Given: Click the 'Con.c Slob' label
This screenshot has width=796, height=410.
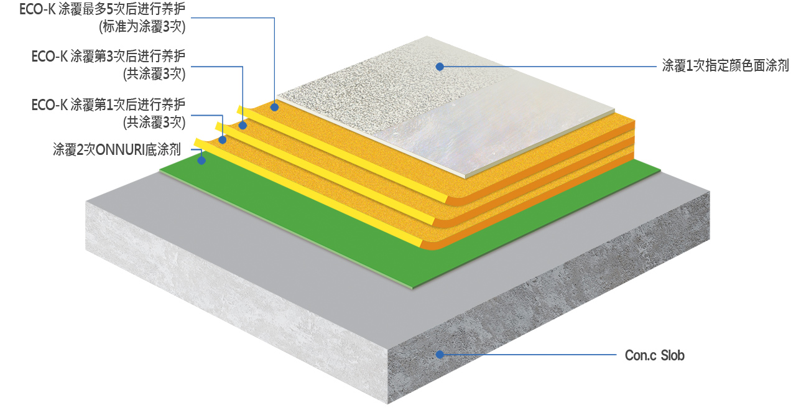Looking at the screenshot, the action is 655,355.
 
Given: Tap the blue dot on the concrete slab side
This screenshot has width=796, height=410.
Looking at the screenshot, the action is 440,355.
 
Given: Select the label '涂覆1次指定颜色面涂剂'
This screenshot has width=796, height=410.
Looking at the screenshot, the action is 725,66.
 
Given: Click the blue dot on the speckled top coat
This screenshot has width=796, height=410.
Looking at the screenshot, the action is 440,67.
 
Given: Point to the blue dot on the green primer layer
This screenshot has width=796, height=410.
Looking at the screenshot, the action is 201,161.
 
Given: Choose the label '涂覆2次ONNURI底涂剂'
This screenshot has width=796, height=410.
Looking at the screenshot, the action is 117,150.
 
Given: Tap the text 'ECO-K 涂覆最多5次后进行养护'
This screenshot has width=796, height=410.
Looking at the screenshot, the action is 103,9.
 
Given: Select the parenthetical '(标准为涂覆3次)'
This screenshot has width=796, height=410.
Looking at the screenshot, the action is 142,27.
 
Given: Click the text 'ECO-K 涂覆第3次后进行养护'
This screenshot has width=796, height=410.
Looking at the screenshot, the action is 108,56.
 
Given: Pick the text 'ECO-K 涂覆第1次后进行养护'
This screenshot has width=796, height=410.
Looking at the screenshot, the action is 108,105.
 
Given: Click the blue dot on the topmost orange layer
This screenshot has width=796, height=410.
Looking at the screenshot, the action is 274,106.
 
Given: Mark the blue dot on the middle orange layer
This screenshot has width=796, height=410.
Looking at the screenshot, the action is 243,126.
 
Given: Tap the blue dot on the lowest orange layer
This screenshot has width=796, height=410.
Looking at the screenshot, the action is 223,140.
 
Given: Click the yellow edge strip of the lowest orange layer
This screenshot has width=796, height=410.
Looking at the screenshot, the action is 307,193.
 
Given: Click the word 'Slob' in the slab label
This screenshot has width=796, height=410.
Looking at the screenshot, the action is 672,355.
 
